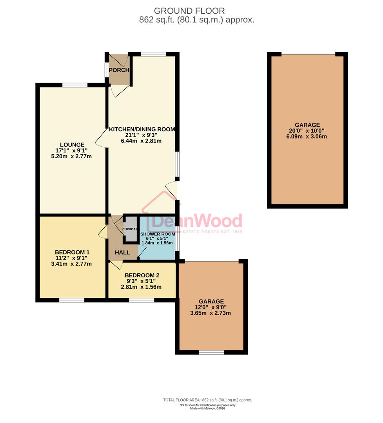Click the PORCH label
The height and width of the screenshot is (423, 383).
click(119, 70)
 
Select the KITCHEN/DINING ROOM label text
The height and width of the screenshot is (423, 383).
click(142, 129)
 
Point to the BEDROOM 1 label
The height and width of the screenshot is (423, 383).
click(72, 252)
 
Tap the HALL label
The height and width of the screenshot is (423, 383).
click(122, 253)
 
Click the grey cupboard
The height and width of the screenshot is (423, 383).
click(131, 229)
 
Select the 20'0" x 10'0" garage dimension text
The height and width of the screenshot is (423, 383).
click(307, 131)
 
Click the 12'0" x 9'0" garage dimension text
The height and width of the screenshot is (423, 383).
click(211, 307)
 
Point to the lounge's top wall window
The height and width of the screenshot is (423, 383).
click(75, 85)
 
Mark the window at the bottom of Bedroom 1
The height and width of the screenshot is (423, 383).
click(72, 300)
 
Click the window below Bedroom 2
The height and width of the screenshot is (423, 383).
click(142, 300)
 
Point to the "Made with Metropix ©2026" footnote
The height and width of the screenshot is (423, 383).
click(207, 409)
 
